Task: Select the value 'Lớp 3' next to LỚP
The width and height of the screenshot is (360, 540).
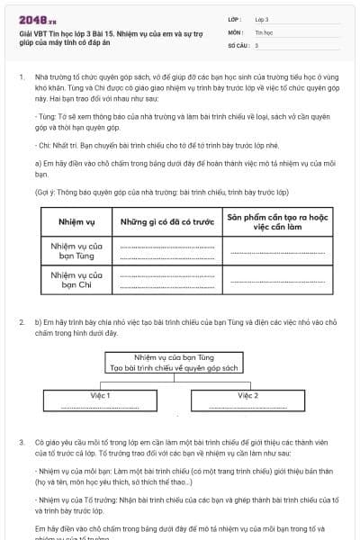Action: coord(262,19)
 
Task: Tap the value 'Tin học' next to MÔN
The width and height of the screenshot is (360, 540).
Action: coord(264,31)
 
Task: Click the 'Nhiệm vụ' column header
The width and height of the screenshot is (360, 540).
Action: coord(76,220)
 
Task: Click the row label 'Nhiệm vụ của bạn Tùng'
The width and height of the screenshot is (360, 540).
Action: coord(76,249)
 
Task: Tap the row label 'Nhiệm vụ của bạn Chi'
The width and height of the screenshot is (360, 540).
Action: coord(76,279)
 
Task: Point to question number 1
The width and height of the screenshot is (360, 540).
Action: coord(21,77)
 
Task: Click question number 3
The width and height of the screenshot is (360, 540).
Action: coord(21,442)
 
